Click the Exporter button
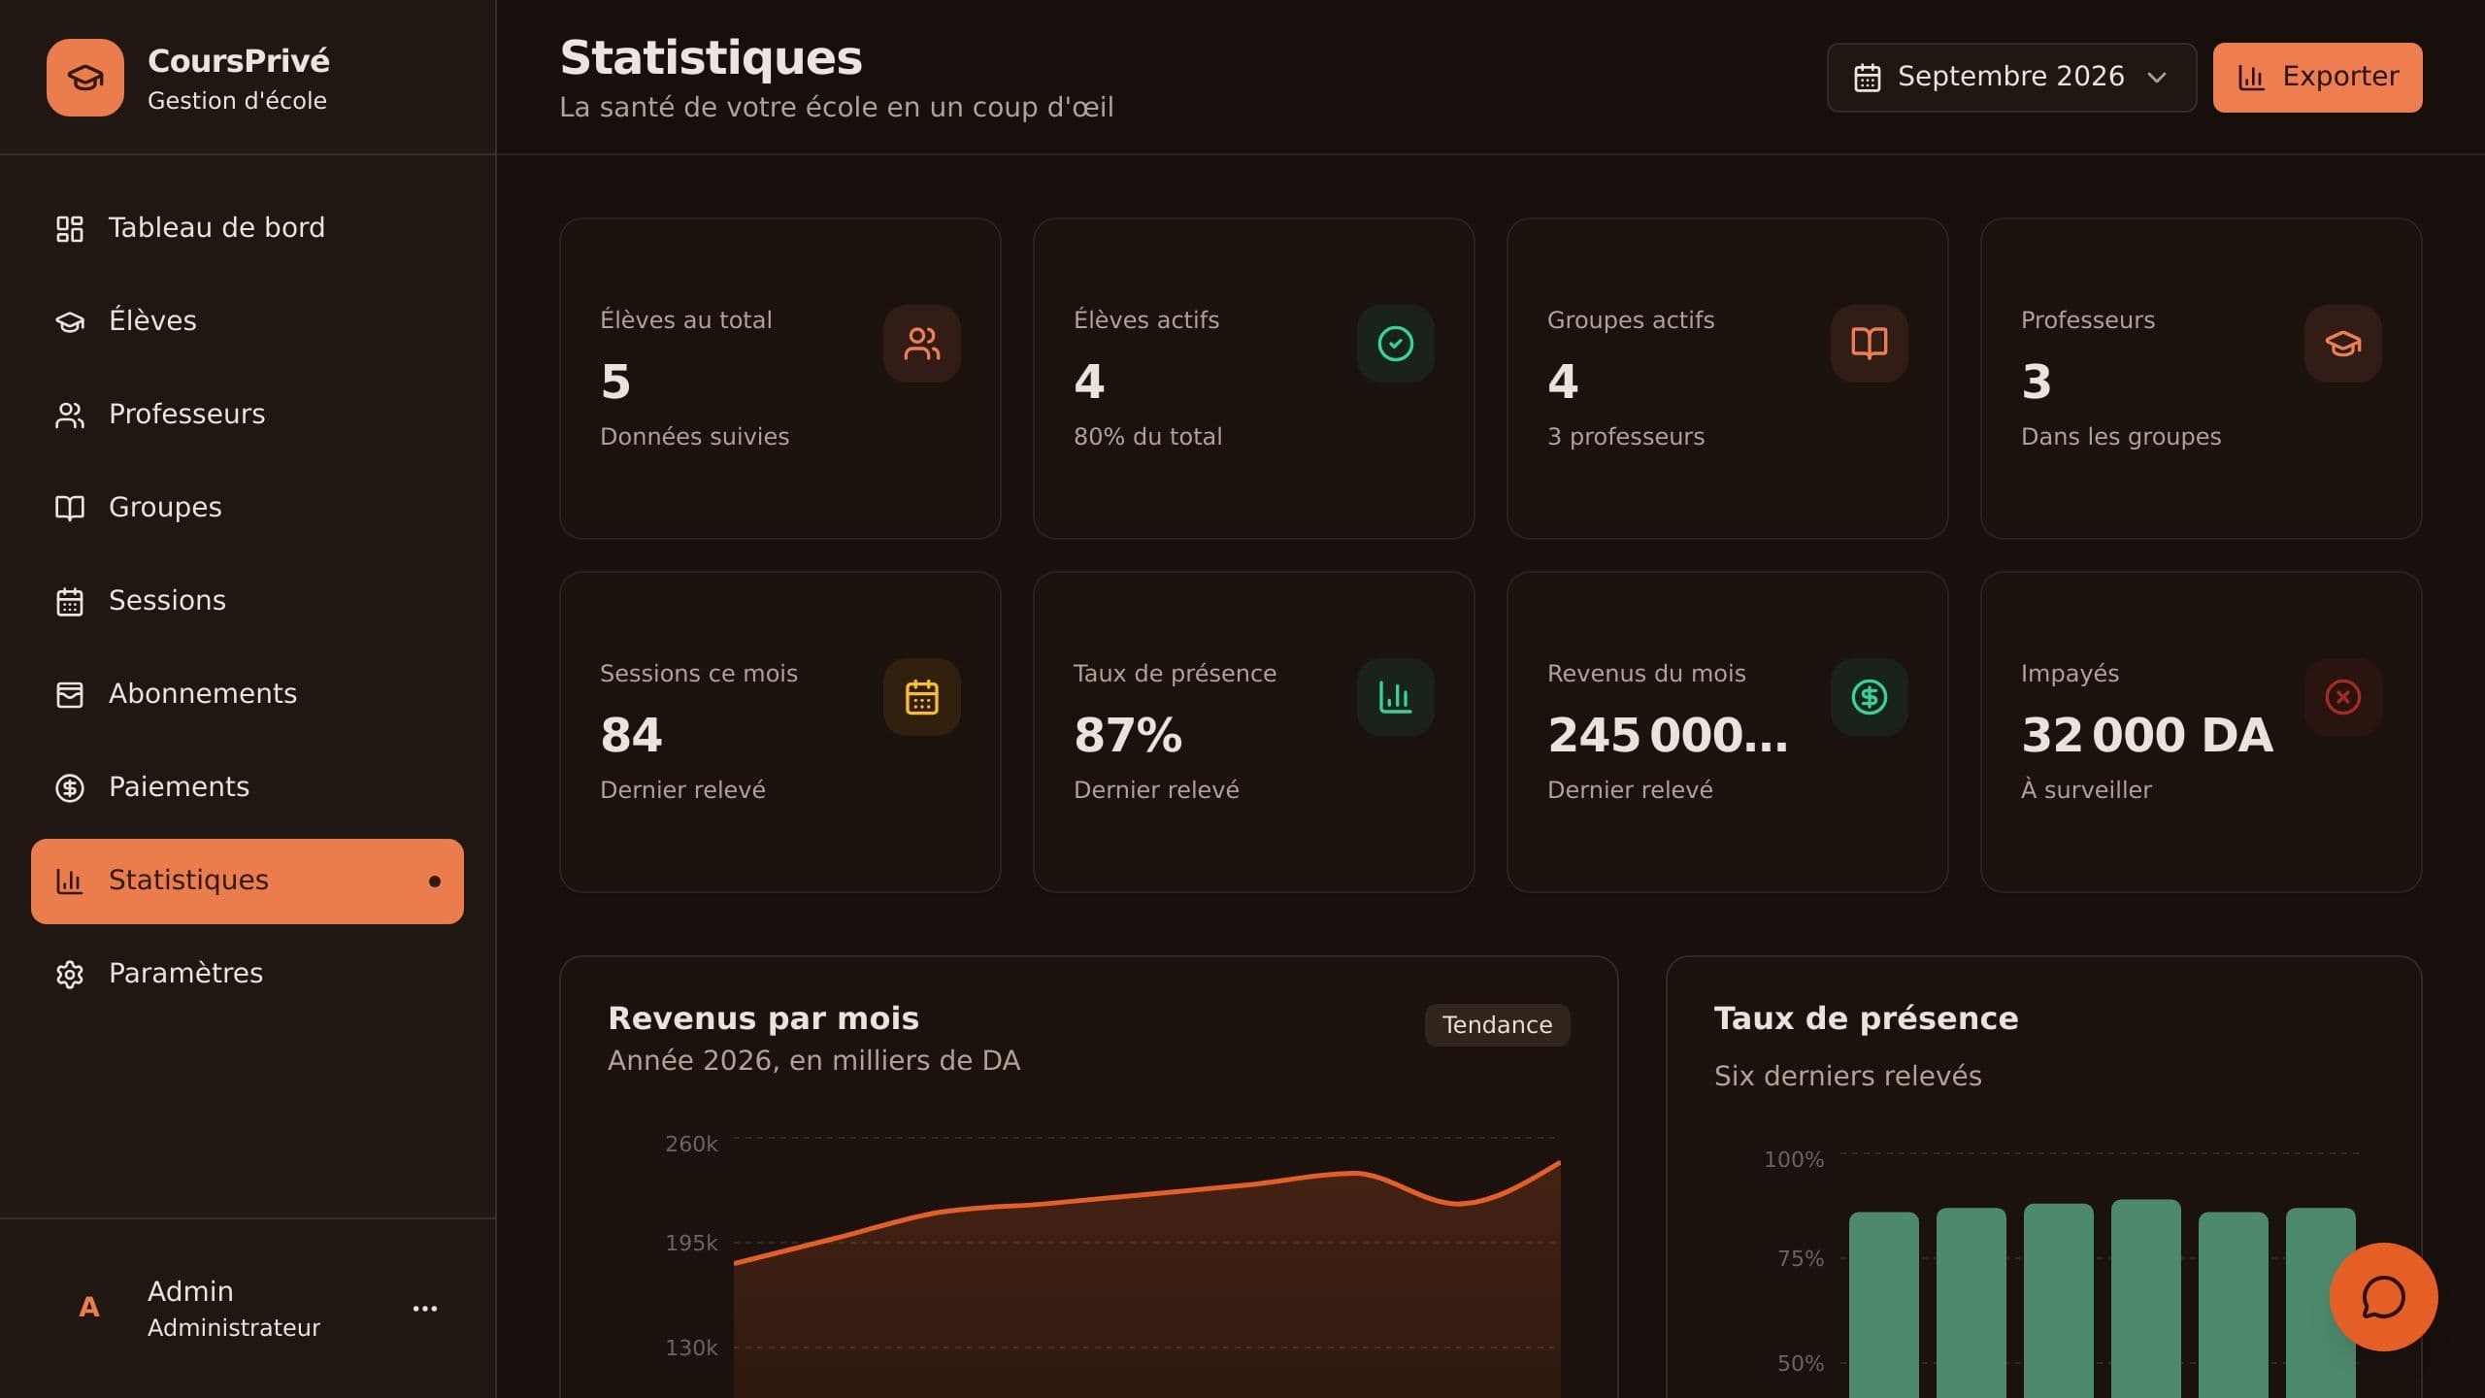[2317, 78]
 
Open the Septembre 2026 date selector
[2011, 78]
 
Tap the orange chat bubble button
[2383, 1297]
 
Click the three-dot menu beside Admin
[425, 1309]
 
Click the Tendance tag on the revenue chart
[1497, 1025]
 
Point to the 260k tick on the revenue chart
[691, 1144]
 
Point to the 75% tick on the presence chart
[1801, 1258]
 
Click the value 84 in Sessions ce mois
[632, 735]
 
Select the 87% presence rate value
[1128, 735]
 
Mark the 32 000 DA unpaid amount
[2147, 735]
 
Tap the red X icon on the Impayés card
[2343, 697]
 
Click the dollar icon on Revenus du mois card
[1870, 697]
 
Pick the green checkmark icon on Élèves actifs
[1396, 344]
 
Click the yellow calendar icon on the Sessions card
[922, 697]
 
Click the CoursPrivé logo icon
[85, 78]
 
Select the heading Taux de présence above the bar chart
[1866, 1018]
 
